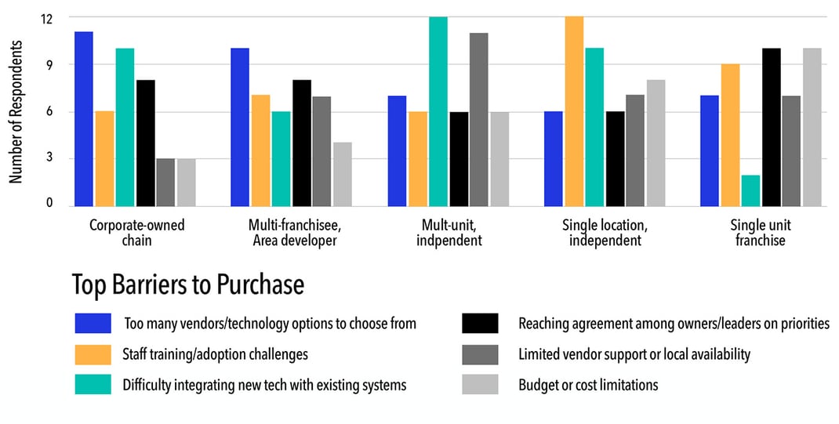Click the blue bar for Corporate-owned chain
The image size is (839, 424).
84,119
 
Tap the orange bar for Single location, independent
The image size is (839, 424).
574,111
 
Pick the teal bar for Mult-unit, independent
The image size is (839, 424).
438,111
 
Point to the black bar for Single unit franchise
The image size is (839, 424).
772,127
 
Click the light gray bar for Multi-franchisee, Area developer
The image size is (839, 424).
342,174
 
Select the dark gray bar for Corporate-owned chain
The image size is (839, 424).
165,182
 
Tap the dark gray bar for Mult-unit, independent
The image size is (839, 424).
479,119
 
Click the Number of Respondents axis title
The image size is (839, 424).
16,111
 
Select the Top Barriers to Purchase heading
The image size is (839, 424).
187,284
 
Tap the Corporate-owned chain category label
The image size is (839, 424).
137,233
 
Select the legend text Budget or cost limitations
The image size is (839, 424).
588,385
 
